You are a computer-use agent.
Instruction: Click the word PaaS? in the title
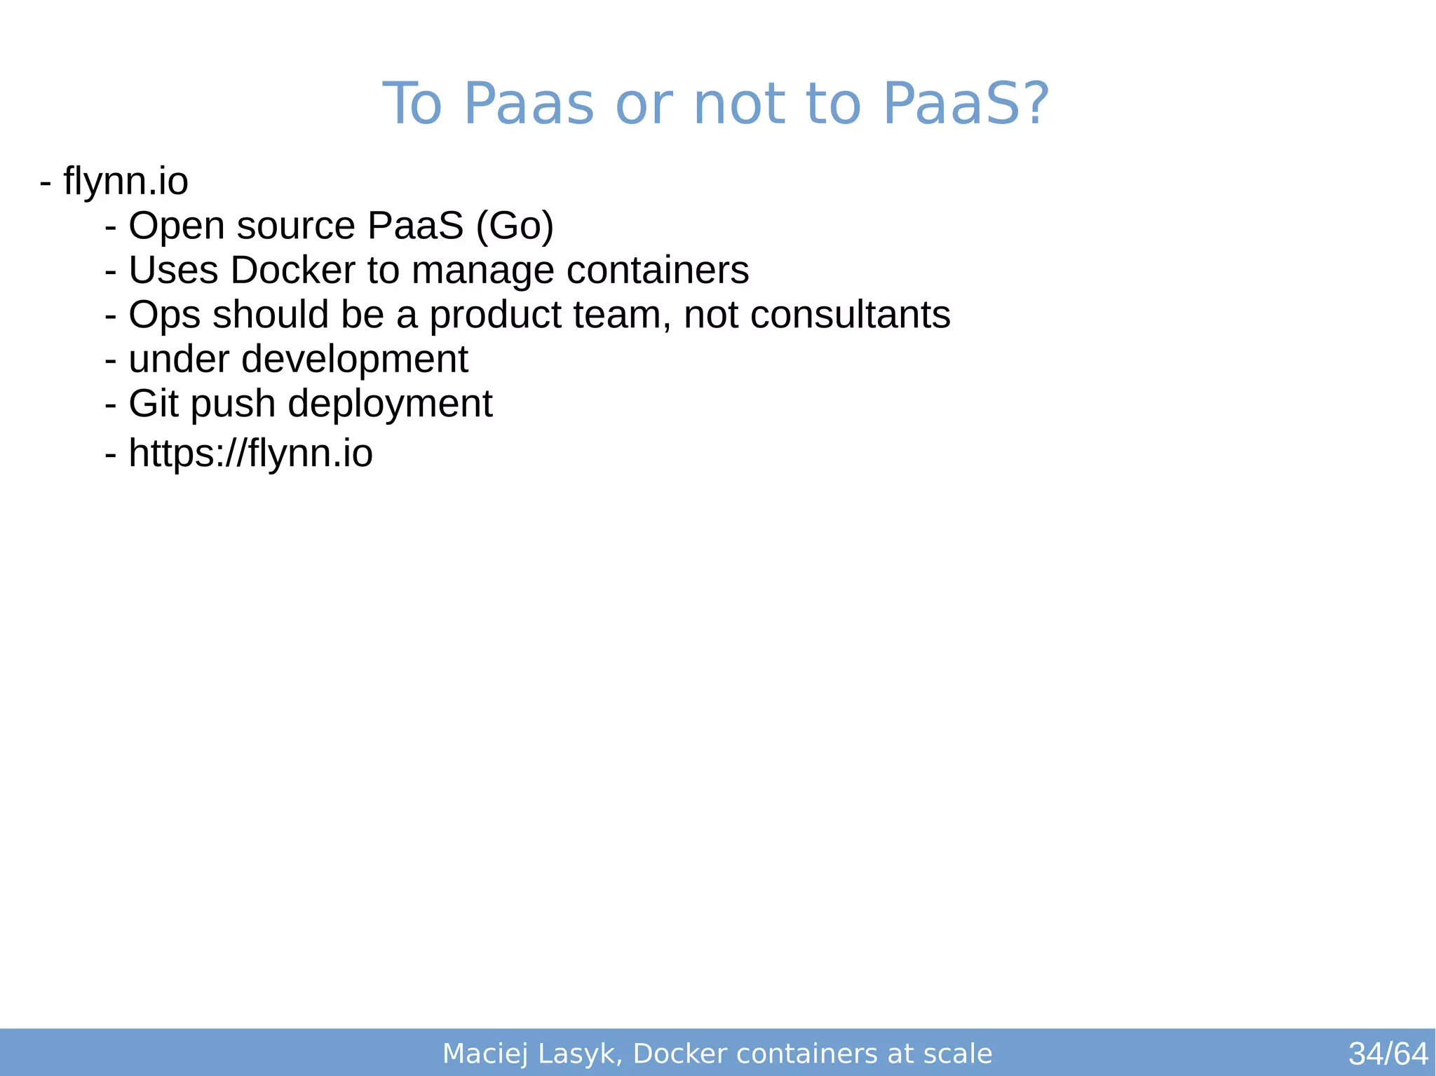(x=966, y=104)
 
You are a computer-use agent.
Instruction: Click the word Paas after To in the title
(x=529, y=104)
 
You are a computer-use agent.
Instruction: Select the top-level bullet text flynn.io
(x=126, y=181)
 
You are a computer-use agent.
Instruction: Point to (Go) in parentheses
(x=515, y=226)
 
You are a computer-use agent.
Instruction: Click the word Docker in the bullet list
(x=292, y=271)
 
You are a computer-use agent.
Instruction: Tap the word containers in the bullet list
(x=657, y=271)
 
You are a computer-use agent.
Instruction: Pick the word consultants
(x=850, y=315)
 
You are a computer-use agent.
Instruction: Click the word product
(x=495, y=315)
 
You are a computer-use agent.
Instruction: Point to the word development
(x=354, y=360)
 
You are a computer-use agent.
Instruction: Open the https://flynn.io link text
(x=250, y=453)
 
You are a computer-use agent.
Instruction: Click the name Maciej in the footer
(x=485, y=1054)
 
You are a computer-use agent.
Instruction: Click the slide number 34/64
(x=1388, y=1054)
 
